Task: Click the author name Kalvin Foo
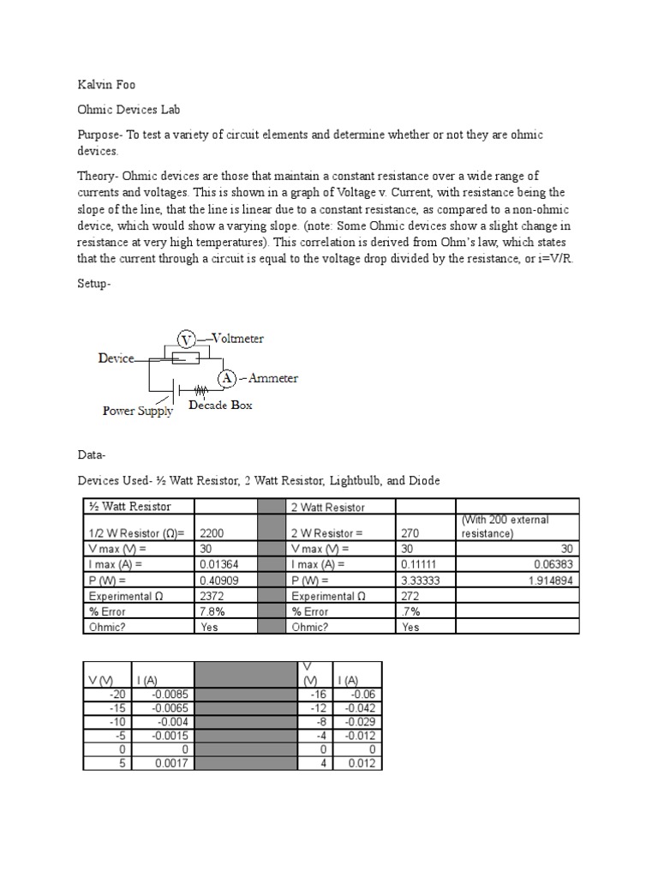pos(106,85)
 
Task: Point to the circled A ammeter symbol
pos(227,378)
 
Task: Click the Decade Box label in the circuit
pos(220,406)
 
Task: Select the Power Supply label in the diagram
pos(138,411)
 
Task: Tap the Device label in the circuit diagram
pos(116,358)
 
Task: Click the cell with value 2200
pos(212,532)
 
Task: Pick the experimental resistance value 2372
pos(212,596)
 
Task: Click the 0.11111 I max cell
pos(418,564)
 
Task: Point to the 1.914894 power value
pos(550,580)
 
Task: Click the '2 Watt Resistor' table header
pos(328,508)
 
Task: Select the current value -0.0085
pos(174,695)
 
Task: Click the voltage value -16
pos(320,695)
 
